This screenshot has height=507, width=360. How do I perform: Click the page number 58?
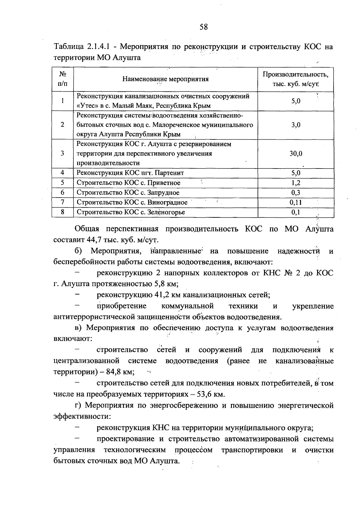pos(203,27)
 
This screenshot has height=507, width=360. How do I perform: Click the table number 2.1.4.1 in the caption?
pos(100,47)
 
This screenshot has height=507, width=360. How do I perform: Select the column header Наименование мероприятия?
pos(165,79)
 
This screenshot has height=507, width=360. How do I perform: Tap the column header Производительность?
pos(295,74)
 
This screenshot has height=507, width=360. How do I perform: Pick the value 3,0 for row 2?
pos(295,125)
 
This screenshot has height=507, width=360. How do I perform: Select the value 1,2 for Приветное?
pos(295,183)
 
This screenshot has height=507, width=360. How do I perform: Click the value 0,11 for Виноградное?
pos(295,202)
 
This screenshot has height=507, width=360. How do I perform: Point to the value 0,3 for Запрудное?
pos(295,193)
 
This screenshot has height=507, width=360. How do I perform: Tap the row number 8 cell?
pos(62,212)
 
